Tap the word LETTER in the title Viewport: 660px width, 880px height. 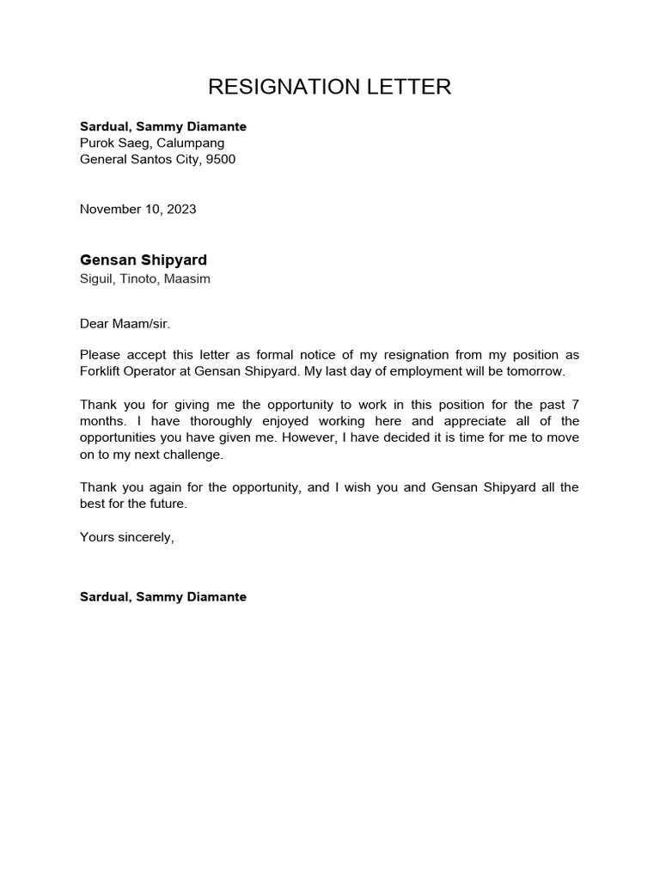click(x=410, y=87)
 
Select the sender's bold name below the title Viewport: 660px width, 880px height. click(x=162, y=126)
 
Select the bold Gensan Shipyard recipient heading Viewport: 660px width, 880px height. click(x=143, y=260)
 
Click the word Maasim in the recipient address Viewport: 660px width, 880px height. click(x=192, y=278)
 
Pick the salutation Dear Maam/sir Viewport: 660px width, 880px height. click(x=119, y=323)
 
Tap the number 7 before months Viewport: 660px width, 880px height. click(x=575, y=404)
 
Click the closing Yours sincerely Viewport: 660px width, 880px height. click(x=126, y=537)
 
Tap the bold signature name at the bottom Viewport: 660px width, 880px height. click(x=162, y=596)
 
